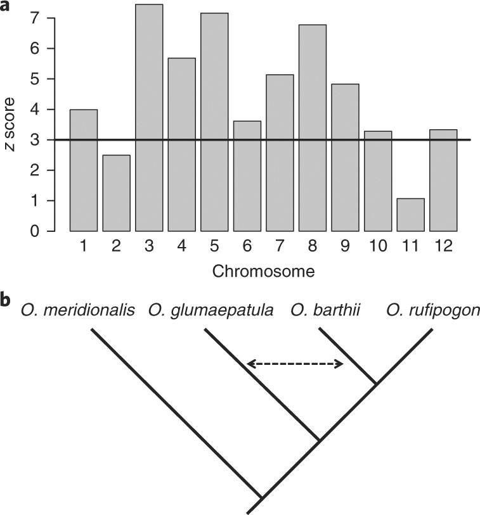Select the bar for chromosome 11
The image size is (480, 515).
point(410,215)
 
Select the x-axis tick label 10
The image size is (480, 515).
point(377,248)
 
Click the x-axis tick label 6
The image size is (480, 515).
point(247,248)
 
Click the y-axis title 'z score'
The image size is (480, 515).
point(10,125)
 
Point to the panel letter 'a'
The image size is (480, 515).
point(6,6)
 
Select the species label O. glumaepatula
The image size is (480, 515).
point(211,310)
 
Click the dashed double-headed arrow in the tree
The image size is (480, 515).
point(295,364)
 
